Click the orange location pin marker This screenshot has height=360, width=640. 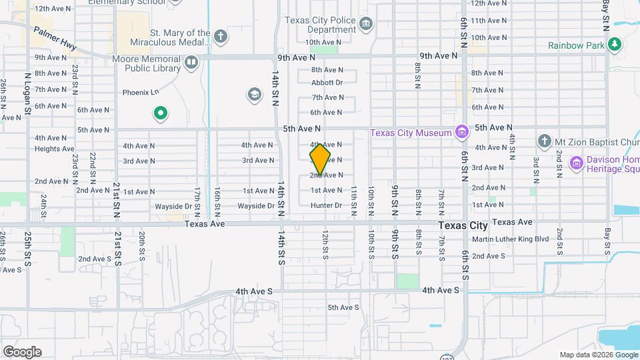tap(320, 159)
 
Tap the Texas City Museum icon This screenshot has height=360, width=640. tap(461, 133)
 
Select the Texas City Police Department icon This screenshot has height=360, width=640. tap(366, 25)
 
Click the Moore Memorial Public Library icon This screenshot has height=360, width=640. tap(191, 63)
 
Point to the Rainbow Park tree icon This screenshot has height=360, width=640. tap(615, 45)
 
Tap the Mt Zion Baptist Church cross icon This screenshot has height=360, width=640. tap(544, 141)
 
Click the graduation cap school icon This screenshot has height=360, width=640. tap(253, 95)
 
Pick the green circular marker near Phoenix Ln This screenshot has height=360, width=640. tap(160, 113)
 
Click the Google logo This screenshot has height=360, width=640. tap(22, 351)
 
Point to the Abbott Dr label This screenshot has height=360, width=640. tap(327, 83)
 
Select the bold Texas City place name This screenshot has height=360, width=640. tap(463, 226)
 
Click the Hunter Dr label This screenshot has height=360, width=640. tap(326, 205)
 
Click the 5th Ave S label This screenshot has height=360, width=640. tap(343, 307)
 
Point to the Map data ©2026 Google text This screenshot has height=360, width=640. tap(597, 355)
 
